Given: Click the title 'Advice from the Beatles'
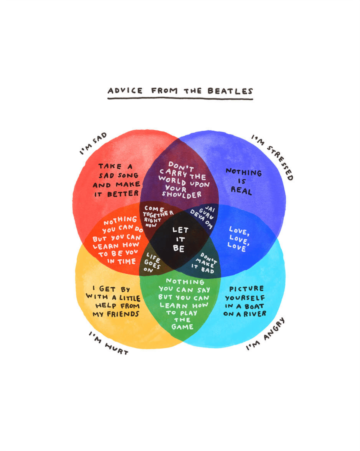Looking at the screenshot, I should [180, 91].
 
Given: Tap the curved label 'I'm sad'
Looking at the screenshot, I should [93, 143].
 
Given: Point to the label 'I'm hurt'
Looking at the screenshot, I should [108, 343].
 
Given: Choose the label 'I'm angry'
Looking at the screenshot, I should [265, 334].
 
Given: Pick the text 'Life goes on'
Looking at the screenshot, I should [152, 263].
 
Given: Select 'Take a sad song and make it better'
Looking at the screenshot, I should [117, 180].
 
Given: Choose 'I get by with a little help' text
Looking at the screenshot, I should [114, 302].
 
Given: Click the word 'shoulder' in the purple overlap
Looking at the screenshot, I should [182, 194].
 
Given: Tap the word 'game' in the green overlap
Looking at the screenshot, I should [182, 327].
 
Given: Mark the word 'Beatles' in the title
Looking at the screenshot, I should [230, 91].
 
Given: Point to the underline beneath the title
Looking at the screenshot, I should [180, 99].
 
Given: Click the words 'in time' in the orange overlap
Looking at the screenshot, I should [121, 262].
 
